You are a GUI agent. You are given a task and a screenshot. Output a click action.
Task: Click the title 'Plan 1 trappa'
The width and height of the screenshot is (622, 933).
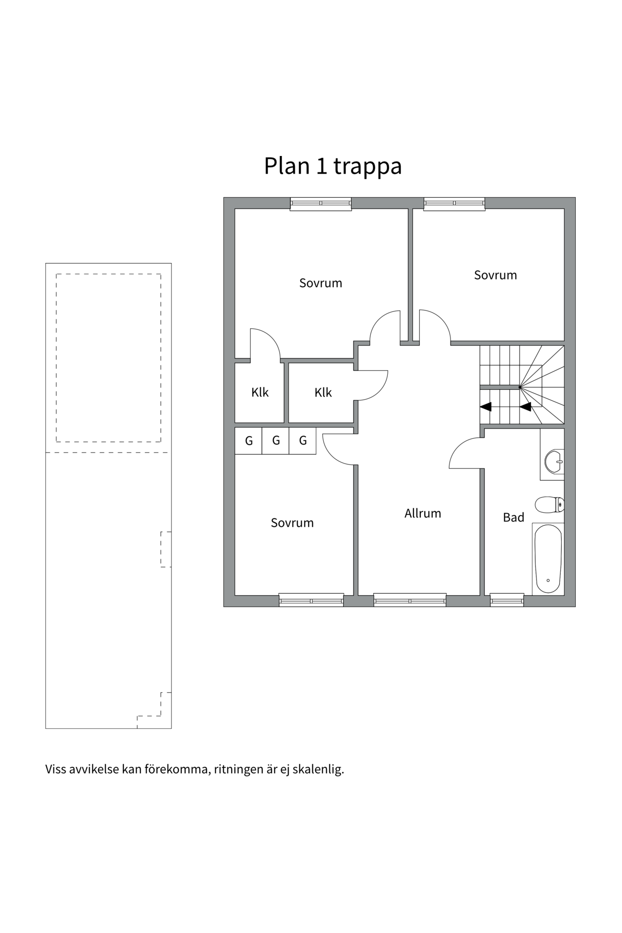(x=332, y=166)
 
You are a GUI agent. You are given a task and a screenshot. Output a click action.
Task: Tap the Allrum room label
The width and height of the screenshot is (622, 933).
(x=422, y=514)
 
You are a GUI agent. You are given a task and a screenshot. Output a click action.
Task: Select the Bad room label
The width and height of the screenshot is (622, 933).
(x=513, y=518)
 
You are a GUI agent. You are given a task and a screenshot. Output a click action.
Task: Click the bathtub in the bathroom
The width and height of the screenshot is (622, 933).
(x=548, y=559)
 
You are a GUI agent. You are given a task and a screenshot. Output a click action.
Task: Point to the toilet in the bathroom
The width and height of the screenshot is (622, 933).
(x=549, y=505)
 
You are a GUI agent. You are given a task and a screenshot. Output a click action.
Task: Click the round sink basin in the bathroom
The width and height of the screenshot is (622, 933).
(x=553, y=461)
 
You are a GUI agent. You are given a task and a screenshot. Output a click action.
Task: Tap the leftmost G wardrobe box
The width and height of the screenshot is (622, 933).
(x=248, y=441)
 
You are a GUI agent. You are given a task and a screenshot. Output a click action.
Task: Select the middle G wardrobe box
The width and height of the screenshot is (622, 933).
(x=276, y=441)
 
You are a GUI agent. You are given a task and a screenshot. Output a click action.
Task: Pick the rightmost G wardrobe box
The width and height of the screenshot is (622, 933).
(x=302, y=441)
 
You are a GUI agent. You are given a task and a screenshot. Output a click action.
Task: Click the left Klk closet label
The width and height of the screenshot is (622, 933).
(x=259, y=393)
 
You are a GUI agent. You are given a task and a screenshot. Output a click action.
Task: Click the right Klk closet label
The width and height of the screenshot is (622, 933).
(x=323, y=393)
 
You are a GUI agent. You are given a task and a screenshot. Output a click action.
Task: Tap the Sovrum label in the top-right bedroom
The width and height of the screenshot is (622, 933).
(x=495, y=275)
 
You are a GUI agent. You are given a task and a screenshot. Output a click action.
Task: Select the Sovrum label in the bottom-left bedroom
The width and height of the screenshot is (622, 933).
(x=292, y=523)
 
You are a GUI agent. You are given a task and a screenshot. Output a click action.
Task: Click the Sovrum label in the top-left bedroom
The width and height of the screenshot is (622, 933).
(x=320, y=283)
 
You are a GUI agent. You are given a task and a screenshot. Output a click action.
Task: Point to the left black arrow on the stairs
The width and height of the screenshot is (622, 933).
(x=485, y=407)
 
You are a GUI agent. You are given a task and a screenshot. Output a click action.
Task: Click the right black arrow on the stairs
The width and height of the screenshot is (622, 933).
(x=525, y=407)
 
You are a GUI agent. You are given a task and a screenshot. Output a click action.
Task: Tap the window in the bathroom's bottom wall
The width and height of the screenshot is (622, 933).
(x=507, y=601)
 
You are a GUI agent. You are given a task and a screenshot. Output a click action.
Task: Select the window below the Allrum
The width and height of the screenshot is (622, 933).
(x=410, y=601)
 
